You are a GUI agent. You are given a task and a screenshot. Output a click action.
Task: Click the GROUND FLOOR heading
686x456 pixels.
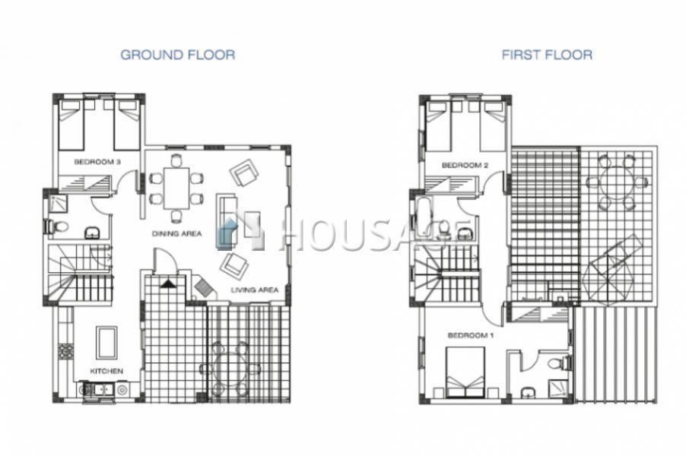[178, 55]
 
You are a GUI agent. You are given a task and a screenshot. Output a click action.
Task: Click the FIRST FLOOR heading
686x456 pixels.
[547, 55]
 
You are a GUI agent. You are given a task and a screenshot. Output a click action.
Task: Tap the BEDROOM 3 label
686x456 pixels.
[97, 162]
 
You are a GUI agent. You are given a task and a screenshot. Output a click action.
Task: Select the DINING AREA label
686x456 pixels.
[176, 233]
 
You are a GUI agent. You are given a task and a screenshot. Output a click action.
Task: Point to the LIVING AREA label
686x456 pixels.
[255, 290]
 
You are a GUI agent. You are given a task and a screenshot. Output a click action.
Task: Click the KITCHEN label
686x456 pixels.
[106, 371]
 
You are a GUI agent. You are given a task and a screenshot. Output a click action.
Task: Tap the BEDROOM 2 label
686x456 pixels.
[465, 165]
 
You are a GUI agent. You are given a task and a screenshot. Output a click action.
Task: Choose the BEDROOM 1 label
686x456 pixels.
[471, 335]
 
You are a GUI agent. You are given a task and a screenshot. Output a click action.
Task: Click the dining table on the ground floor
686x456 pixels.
[176, 188]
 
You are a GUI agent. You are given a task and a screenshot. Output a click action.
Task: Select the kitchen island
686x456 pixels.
[106, 343]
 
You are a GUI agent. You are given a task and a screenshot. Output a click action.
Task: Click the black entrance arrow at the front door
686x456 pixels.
[167, 283]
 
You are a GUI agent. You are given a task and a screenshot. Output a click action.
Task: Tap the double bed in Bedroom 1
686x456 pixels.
[465, 372]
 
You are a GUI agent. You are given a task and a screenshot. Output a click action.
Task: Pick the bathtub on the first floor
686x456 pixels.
[423, 217]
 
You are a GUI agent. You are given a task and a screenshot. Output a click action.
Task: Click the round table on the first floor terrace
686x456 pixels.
[616, 182]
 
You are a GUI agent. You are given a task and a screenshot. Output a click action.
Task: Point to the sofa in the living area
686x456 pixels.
[227, 222]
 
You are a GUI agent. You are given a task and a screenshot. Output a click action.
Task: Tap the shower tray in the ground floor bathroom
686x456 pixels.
[58, 203]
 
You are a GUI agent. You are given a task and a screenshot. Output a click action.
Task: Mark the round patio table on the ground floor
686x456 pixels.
[230, 369]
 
